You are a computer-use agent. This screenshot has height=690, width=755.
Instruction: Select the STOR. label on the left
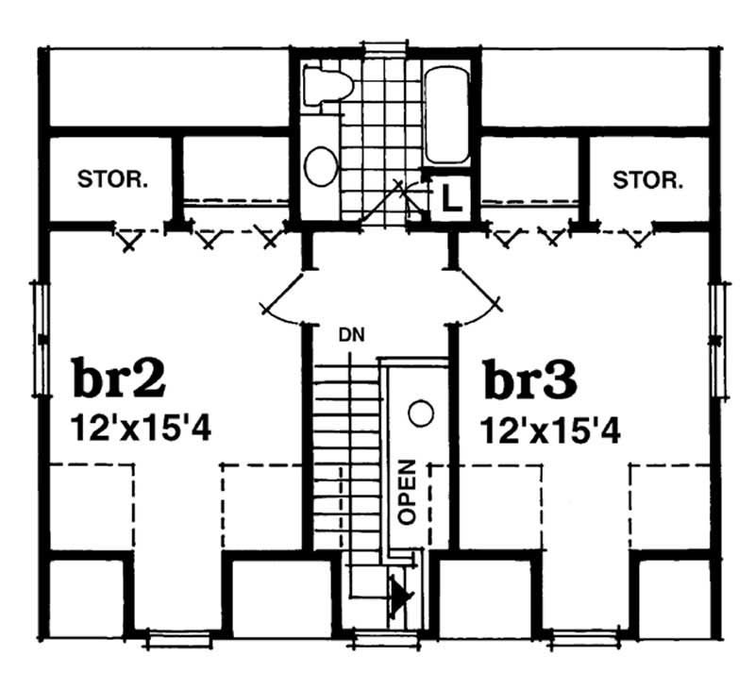pyautogui.click(x=112, y=179)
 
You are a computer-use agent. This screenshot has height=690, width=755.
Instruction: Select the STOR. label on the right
pyautogui.click(x=647, y=179)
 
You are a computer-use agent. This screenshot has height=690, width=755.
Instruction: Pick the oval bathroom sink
pyautogui.click(x=321, y=166)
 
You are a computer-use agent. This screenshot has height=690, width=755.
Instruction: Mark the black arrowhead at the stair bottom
pyautogui.click(x=404, y=597)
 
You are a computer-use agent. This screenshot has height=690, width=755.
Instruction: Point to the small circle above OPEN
pyautogui.click(x=421, y=412)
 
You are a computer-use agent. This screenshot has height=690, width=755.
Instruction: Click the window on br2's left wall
pyautogui.click(x=41, y=336)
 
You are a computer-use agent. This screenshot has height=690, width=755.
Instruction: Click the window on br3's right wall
pyautogui.click(x=716, y=336)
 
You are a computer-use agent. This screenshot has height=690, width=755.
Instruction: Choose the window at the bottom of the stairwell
pyautogui.click(x=383, y=641)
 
